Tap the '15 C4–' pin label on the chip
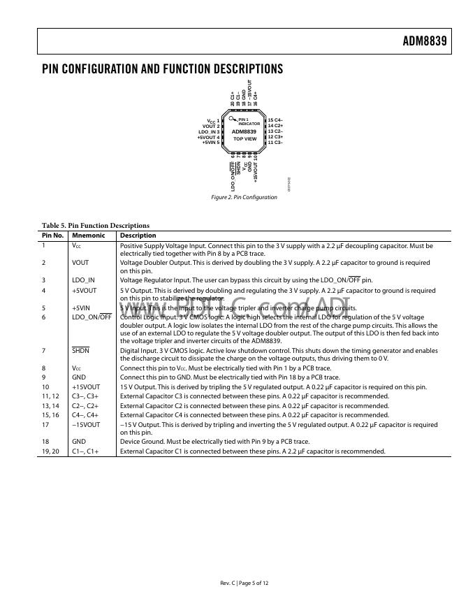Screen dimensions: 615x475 tap(275, 120)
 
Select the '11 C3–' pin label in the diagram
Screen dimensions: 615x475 tap(275, 143)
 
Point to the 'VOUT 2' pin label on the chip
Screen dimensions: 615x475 tap(211, 126)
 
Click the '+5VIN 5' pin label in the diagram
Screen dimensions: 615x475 tap(211, 143)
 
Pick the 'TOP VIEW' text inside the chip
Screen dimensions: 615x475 tap(244, 139)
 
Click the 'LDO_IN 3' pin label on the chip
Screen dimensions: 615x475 tap(209, 132)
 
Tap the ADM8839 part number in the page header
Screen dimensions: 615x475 tap(424, 41)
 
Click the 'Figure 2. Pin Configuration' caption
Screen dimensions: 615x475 tap(244, 197)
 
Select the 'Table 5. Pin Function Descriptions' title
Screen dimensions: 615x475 tap(95, 226)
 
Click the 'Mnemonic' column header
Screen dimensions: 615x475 tap(88, 236)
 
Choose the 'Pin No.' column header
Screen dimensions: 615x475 tap(53, 236)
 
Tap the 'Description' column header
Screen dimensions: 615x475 tap(138, 236)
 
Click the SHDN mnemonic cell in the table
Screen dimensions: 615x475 tap(80, 351)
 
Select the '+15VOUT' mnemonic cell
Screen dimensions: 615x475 tap(85, 386)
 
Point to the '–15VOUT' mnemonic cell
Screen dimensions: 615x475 tap(85, 424)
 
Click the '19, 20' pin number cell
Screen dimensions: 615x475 tap(52, 451)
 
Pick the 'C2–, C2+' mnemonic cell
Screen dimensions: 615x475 tap(85, 405)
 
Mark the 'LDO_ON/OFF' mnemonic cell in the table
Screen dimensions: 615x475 tap(92, 317)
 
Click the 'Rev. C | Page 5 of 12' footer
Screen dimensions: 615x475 tap(244, 583)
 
